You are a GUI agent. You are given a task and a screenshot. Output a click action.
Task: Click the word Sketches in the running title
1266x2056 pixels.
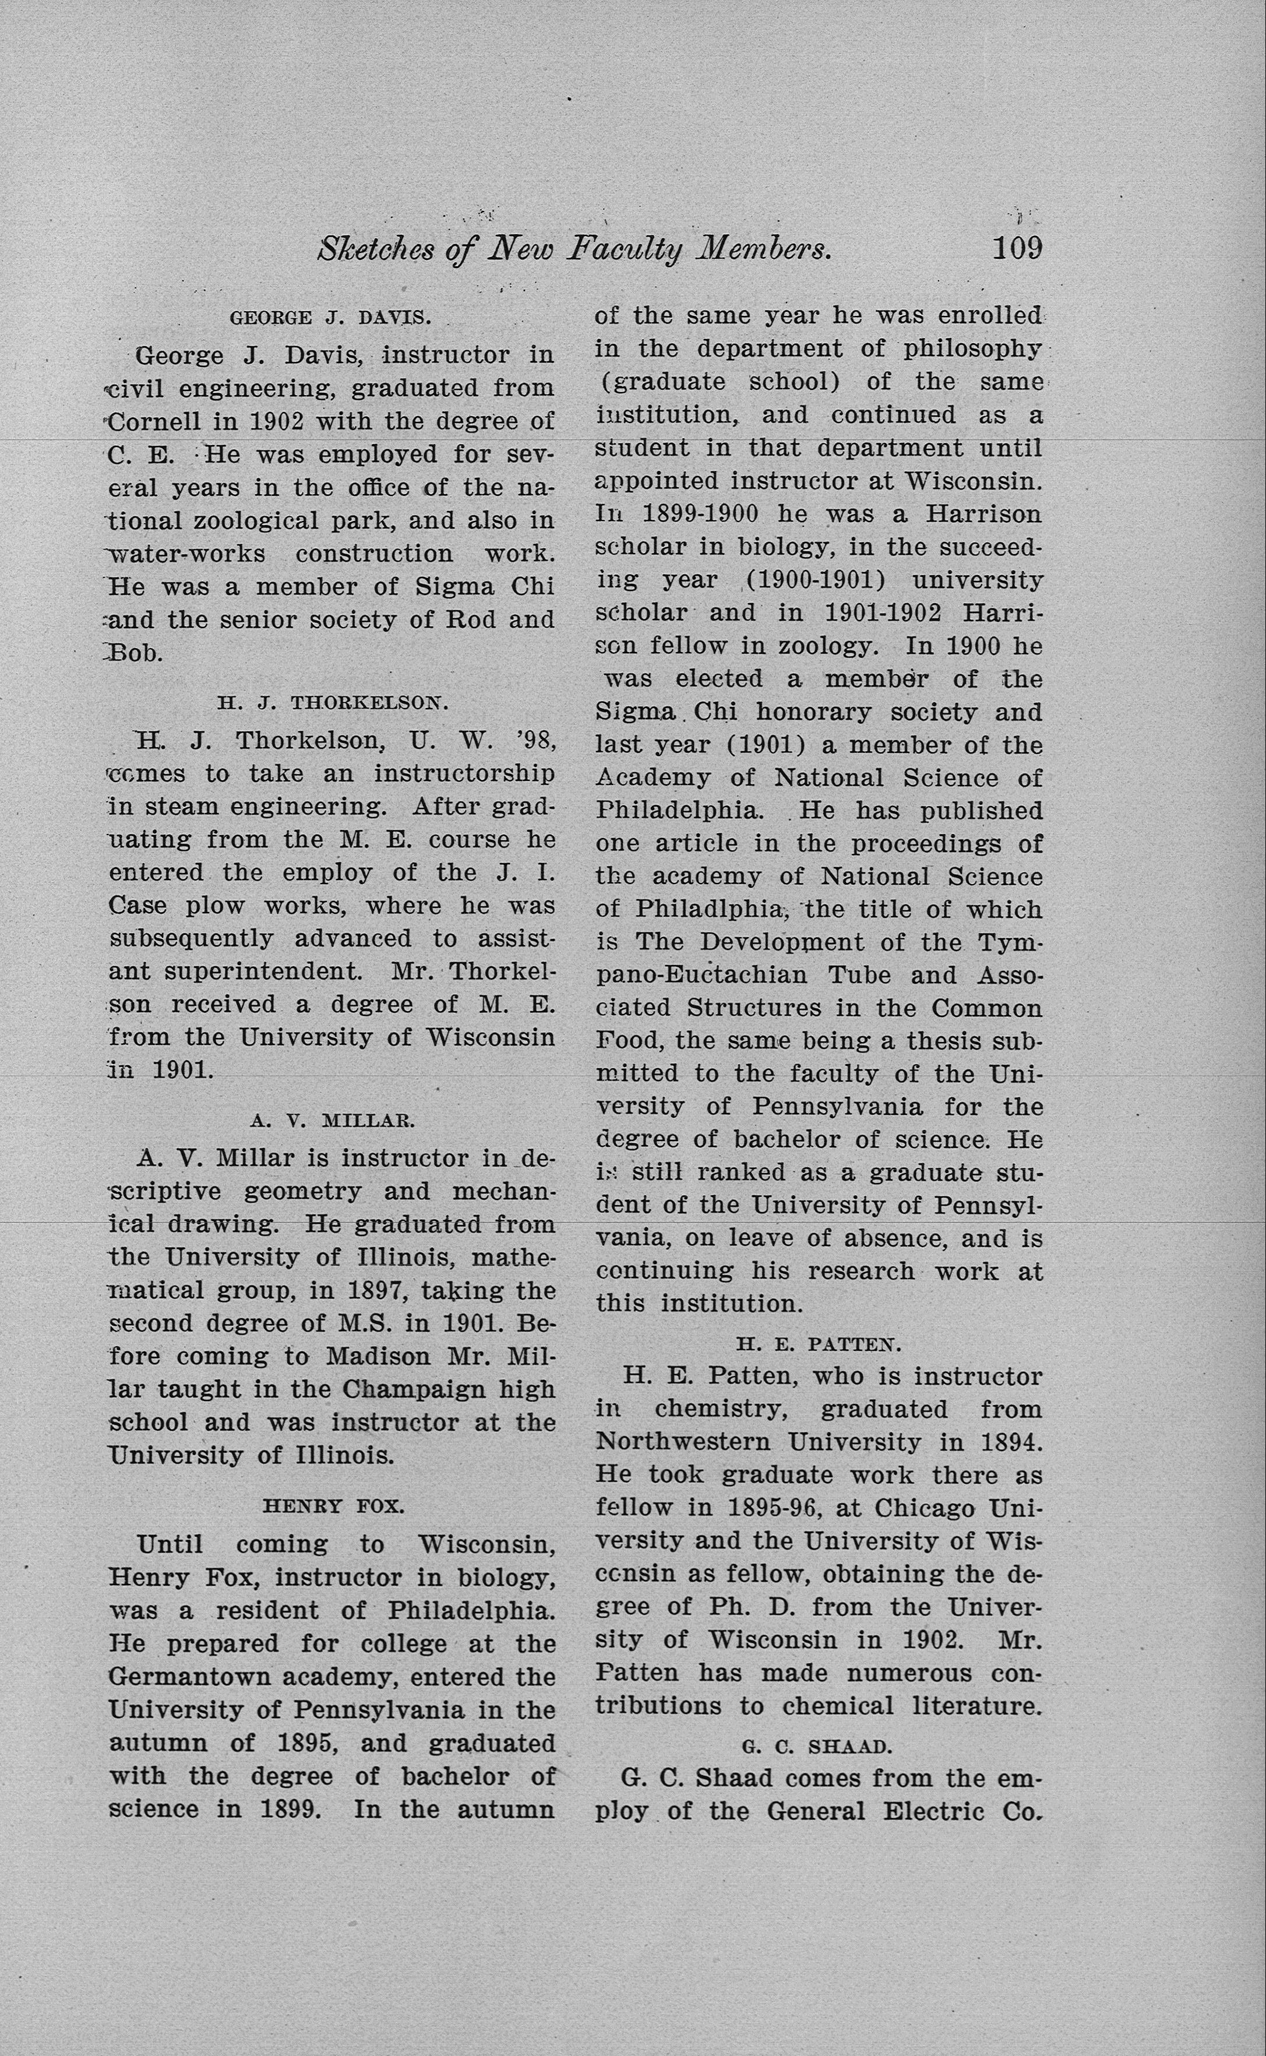375,249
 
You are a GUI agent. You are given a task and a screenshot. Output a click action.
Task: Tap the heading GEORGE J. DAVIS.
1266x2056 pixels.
331,318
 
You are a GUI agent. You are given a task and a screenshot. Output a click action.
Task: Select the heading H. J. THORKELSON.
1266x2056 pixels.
333,703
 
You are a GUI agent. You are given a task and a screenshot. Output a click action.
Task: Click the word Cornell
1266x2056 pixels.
155,421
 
